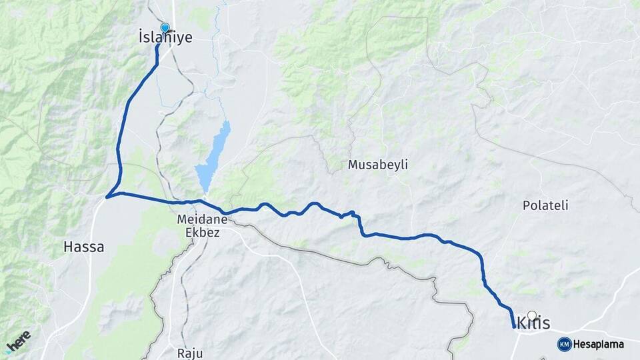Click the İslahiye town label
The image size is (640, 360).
[x=165, y=38]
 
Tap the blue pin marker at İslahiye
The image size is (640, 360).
[x=165, y=28]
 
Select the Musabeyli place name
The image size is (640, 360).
[x=378, y=164]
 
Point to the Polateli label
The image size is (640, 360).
[x=545, y=205]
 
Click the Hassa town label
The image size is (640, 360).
[x=83, y=247]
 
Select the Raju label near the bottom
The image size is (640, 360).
[x=190, y=353]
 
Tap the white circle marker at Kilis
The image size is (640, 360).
[x=532, y=315]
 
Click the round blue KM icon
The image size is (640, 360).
[x=564, y=344]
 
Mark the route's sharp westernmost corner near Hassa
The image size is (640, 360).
[x=107, y=196]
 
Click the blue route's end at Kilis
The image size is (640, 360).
[x=513, y=327]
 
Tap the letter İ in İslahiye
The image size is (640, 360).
[x=141, y=38]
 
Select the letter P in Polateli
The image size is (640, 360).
[x=526, y=205]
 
